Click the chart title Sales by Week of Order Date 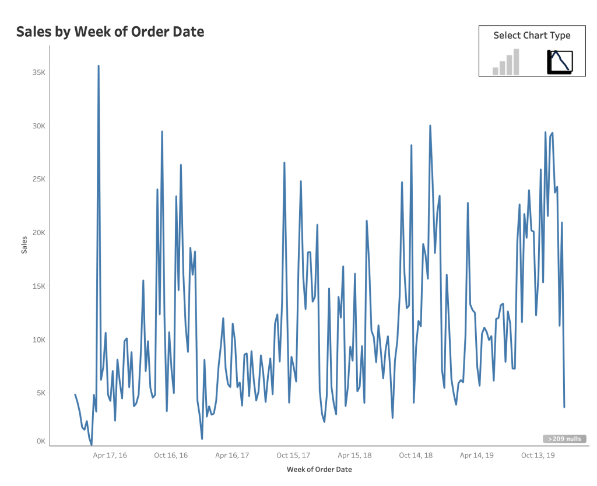pos(110,32)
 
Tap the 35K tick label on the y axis pos(38,73)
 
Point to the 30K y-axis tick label pos(38,126)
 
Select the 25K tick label pos(38,179)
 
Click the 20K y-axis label pos(38,233)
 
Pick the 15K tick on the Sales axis pos(38,286)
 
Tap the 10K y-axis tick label pos(38,340)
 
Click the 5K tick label pos(40,393)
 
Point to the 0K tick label pos(40,442)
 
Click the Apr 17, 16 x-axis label pos(110,455)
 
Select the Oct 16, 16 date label pos(171,455)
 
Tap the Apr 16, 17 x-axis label pos(232,455)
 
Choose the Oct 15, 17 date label pos(293,455)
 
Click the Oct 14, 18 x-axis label pos(416,455)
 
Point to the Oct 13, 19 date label pos(538,455)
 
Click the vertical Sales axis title pos(24,243)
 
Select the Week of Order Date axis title pos(319,469)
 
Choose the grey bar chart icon pos(505,62)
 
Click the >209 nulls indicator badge pos(564,439)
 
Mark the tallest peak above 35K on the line pos(99,66)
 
